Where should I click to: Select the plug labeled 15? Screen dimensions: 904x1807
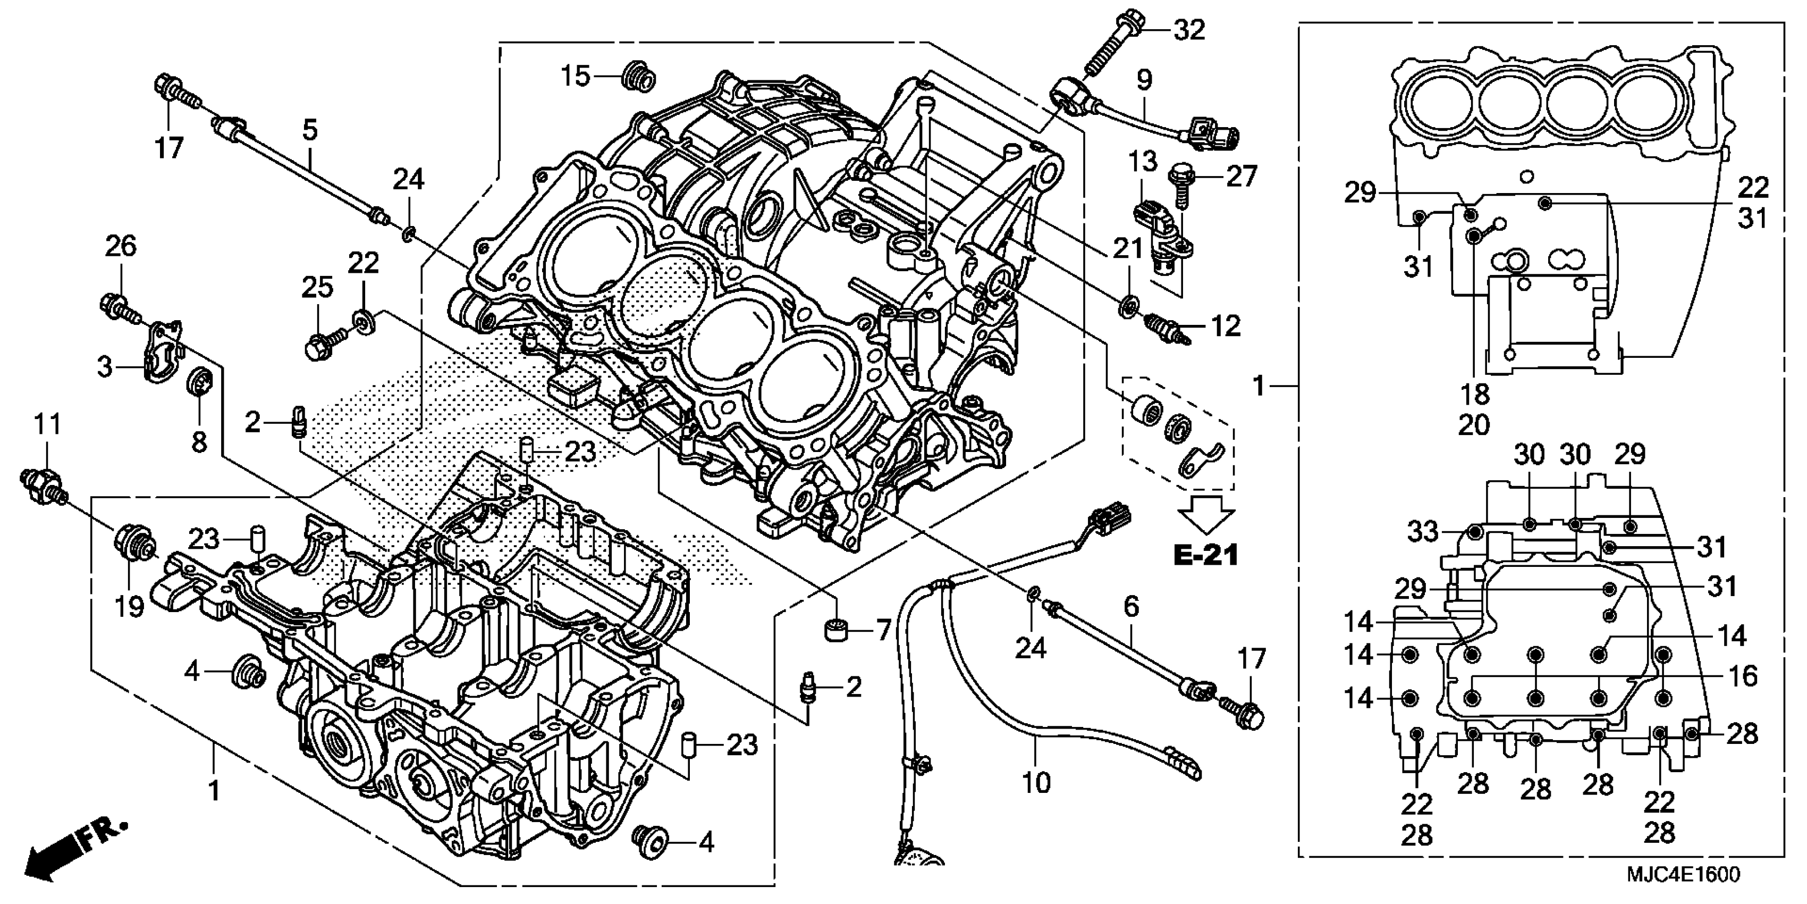point(638,76)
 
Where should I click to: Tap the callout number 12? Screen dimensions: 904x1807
point(1226,327)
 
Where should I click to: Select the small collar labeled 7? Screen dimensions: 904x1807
point(836,630)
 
